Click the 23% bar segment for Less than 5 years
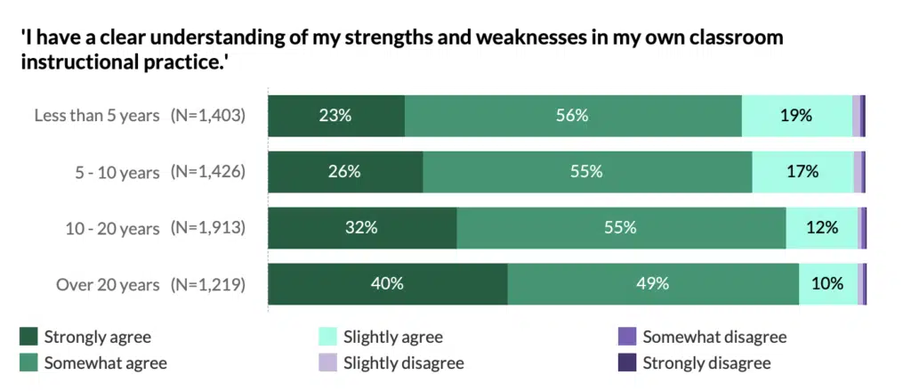(x=336, y=115)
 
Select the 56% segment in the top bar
(x=573, y=115)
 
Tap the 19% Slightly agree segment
(x=796, y=115)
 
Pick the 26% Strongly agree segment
(x=345, y=172)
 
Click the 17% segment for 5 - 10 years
(x=802, y=172)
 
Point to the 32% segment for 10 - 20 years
(x=362, y=228)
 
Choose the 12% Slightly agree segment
(x=821, y=228)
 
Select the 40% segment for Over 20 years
(x=388, y=284)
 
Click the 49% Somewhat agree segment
(x=653, y=284)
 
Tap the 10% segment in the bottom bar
(x=827, y=284)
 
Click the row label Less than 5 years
(x=97, y=116)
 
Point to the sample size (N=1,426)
(x=207, y=172)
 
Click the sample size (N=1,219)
(x=207, y=285)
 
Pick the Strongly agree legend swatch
(x=29, y=337)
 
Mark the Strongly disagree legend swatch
(x=627, y=362)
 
